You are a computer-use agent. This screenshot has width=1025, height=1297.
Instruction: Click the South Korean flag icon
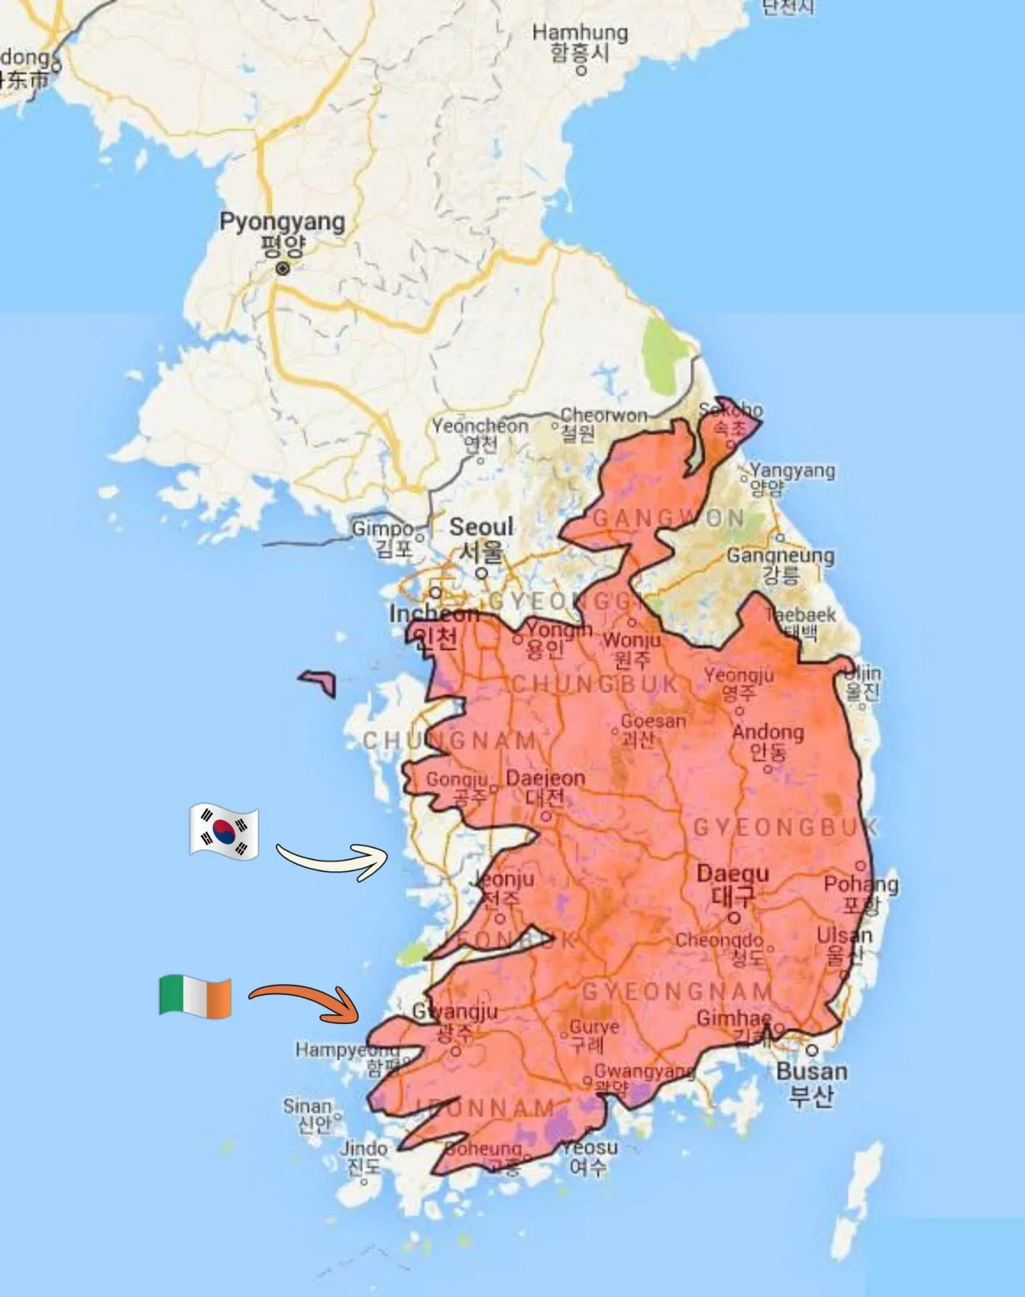point(224,833)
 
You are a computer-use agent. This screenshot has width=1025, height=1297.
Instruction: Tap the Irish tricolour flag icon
point(195,997)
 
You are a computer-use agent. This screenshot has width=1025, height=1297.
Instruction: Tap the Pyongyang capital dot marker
point(282,269)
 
